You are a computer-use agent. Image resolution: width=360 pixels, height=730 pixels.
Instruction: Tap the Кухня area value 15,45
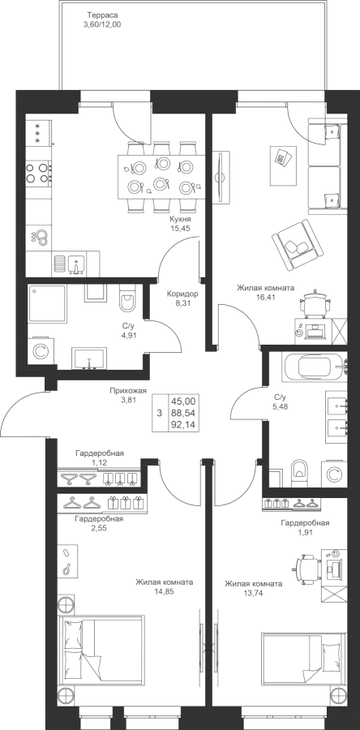181,228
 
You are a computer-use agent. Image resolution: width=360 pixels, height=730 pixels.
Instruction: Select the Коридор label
183,294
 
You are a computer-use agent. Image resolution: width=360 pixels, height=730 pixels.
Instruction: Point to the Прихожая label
128,391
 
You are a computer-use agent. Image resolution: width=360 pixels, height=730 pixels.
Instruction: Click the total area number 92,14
183,424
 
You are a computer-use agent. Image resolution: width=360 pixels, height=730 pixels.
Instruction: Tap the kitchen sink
76,264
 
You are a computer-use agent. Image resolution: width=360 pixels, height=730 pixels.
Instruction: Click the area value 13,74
253,593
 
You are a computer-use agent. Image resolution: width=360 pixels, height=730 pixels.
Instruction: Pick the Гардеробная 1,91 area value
305,533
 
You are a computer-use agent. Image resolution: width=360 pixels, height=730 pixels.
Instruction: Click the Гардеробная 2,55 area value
101,528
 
